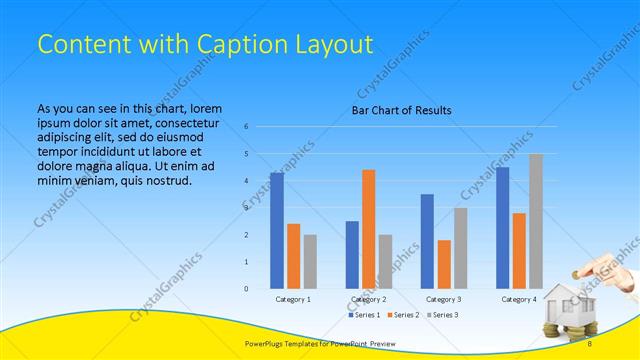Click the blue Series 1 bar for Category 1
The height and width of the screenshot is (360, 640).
coord(277,231)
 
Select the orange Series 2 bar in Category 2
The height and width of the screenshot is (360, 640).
coord(369,229)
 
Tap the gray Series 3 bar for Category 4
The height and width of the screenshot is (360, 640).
coord(536,221)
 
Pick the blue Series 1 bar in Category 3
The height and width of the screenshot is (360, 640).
coord(427,241)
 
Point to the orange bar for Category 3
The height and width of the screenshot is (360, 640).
coord(444,264)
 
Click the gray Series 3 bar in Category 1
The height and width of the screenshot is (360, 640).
coord(310,262)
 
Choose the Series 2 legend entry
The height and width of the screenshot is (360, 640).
coord(405,315)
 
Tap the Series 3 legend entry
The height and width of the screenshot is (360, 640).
coord(444,315)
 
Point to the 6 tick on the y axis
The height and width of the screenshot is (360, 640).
coord(247,127)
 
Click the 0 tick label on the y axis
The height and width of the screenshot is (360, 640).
coord(247,289)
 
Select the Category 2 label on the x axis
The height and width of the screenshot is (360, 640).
coord(369,299)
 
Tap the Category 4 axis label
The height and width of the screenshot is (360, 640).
coord(519,299)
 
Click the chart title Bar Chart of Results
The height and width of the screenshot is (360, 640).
coord(401,110)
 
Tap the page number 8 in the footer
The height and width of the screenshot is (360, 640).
coord(590,344)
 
